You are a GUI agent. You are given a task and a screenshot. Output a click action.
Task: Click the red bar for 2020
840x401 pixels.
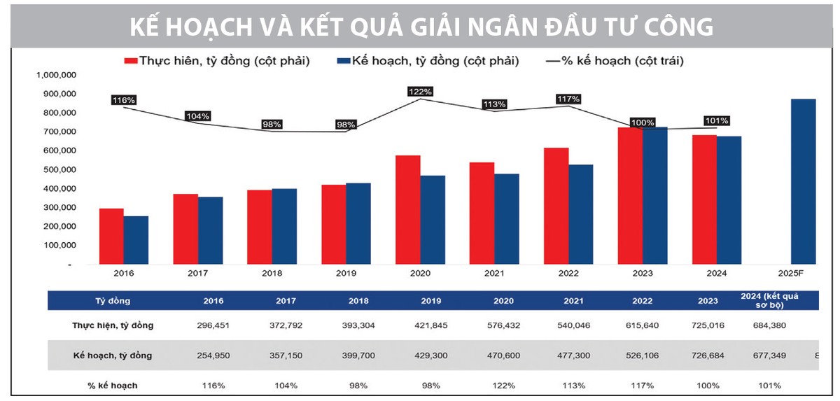(x=407, y=210)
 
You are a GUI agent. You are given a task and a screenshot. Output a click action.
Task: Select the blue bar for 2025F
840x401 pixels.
(x=804, y=182)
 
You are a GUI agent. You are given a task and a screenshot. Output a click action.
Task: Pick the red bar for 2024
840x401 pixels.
(x=704, y=199)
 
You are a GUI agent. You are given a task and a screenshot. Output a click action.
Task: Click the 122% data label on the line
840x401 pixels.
(x=421, y=92)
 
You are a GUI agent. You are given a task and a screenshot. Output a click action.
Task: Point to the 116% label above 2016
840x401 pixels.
(x=123, y=100)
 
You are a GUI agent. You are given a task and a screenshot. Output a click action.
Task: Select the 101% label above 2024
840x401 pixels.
(x=717, y=120)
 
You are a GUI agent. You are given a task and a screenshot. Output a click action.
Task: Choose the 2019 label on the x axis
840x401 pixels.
(x=346, y=274)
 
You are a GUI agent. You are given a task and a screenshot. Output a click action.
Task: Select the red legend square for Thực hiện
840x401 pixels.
(x=130, y=61)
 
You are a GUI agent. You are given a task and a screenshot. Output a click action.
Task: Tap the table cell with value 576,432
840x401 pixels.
(x=504, y=325)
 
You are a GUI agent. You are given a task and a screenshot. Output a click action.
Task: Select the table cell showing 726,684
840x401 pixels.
(x=707, y=356)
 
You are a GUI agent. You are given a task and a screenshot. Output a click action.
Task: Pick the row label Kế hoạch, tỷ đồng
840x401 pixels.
(x=113, y=356)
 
